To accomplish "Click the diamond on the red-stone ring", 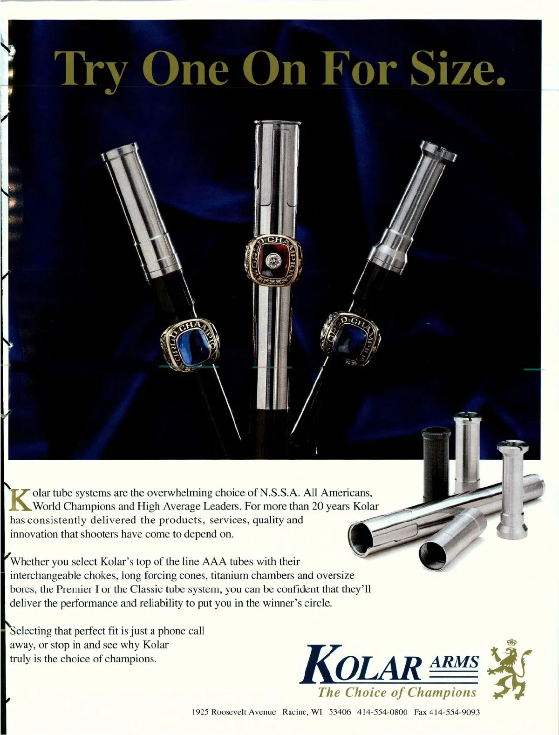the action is click(273, 260).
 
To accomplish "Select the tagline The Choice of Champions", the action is click(396, 692).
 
